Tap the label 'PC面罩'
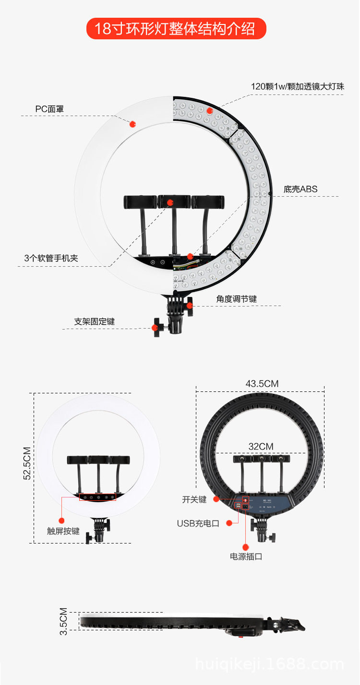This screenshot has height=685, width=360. pos(49,109)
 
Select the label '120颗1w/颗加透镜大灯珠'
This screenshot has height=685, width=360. pos(298,86)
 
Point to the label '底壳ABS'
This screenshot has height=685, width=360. pos(300,189)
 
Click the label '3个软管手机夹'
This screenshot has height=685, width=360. pos(51,258)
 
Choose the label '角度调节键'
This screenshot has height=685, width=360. pos(236,299)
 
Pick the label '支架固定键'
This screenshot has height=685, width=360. pos(95,321)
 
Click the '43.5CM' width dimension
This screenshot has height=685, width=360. pos(262,384)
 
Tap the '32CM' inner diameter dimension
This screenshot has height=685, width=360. pos(261,447)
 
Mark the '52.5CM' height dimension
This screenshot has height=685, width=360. pos(27,463)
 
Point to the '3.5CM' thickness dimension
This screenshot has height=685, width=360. pos(63,622)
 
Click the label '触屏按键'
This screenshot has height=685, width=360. pos(63,531)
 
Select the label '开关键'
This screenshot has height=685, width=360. pos(194,499)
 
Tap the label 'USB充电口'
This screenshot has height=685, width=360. pos(198,523)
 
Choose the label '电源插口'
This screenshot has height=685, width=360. pos(246,556)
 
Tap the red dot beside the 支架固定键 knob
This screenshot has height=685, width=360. pos(155,328)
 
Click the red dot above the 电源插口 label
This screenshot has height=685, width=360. pos(246,546)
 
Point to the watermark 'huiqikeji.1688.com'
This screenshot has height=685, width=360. pos(269,664)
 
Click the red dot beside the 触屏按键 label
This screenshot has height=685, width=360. pos(61,520)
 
